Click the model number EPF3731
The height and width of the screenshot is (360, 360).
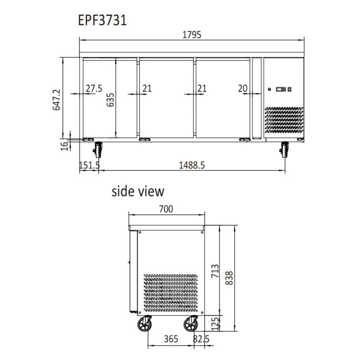click(x=102, y=21)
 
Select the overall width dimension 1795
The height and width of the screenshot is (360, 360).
click(x=191, y=35)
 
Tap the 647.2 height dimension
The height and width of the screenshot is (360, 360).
click(x=57, y=99)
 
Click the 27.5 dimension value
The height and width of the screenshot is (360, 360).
click(x=94, y=88)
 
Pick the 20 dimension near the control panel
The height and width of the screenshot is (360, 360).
click(x=243, y=88)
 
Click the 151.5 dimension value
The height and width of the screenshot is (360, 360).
click(x=89, y=165)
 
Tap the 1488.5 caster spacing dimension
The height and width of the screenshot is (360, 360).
click(x=192, y=165)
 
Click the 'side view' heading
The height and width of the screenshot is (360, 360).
click(x=138, y=191)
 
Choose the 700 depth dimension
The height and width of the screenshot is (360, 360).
click(x=166, y=209)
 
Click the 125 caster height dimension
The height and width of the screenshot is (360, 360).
click(x=215, y=323)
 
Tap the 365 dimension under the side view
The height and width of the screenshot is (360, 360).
click(x=171, y=339)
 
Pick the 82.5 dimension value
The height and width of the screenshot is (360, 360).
click(x=201, y=339)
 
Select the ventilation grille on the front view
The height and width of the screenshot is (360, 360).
click(x=284, y=122)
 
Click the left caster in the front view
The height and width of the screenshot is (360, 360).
click(x=98, y=150)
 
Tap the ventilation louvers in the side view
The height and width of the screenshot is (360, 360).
click(x=170, y=293)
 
